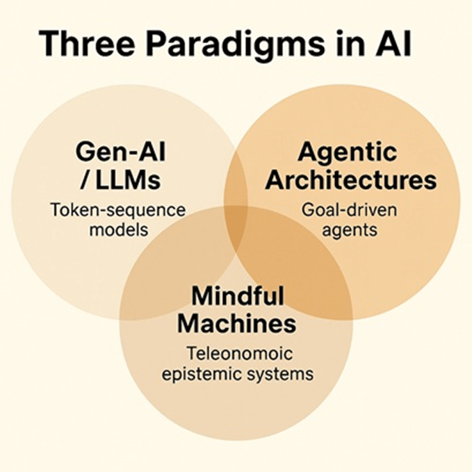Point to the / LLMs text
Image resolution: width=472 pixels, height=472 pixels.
click(119, 180)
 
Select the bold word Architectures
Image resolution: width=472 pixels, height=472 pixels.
click(352, 180)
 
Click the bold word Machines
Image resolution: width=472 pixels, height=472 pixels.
click(236, 323)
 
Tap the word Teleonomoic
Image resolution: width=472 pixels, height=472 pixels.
click(236, 353)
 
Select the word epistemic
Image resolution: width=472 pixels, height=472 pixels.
click(201, 374)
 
